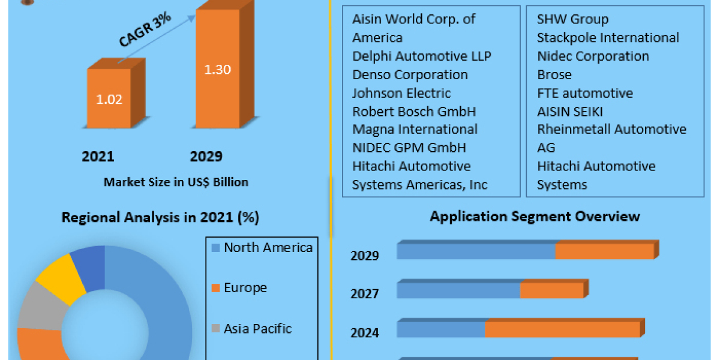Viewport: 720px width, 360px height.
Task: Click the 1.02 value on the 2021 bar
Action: [109, 99]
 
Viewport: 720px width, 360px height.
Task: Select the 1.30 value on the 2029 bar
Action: [218, 70]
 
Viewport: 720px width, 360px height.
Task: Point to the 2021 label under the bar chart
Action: [98, 157]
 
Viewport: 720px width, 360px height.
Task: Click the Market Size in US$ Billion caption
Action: [176, 182]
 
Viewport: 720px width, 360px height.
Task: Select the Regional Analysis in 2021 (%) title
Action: [160, 218]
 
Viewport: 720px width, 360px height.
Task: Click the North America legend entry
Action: [268, 248]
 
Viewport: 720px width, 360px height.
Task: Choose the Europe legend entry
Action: [245, 288]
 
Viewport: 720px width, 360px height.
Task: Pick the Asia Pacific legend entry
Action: [257, 329]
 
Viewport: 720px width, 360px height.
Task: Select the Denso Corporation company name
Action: [410, 74]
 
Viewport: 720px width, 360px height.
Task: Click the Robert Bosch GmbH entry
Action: [414, 111]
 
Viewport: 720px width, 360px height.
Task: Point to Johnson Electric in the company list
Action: [401, 93]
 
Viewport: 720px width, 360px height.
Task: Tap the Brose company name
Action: [554, 74]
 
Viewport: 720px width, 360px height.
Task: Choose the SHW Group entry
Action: [572, 19]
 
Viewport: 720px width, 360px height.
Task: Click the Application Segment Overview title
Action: [535, 216]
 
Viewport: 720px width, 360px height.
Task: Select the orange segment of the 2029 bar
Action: [604, 251]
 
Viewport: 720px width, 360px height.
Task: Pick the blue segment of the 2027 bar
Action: [458, 290]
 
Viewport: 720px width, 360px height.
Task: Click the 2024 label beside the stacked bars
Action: [365, 332]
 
